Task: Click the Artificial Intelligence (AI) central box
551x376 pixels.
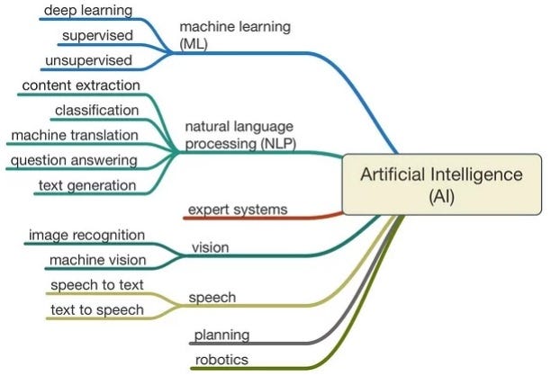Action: [x=440, y=186]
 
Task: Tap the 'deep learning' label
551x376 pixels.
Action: [x=88, y=11]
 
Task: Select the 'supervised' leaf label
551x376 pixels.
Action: [x=96, y=36]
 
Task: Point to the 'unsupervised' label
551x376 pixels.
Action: [x=87, y=60]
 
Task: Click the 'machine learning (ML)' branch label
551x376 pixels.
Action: [x=235, y=34]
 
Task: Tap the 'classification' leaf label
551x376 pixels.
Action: [x=96, y=111]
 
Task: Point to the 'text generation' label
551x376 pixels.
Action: [x=86, y=185]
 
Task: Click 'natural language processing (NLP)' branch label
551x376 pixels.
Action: [x=240, y=135]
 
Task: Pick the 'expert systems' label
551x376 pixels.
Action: [x=238, y=210]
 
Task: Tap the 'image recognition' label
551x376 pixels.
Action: [x=86, y=235]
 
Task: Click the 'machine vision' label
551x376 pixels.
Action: [x=96, y=260]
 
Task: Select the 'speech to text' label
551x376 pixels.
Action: [x=96, y=285]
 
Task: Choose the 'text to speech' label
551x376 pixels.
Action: [x=96, y=309]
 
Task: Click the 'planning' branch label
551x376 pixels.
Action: [x=221, y=336]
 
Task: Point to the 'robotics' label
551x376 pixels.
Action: [x=221, y=360]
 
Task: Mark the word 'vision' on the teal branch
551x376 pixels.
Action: [x=211, y=246]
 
